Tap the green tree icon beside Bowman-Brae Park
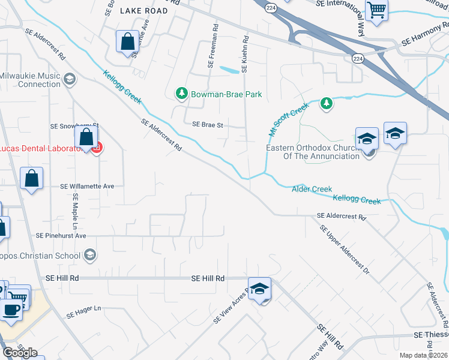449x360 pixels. tap(181, 94)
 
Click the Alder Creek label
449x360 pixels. tap(312, 190)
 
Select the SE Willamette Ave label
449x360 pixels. tap(87, 187)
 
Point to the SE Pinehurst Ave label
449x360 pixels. tap(61, 236)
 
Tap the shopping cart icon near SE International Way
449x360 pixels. tap(377, 9)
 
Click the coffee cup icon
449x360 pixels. tap(10, 310)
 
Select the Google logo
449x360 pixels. tap(20, 353)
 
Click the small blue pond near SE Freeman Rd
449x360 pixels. tap(228, 70)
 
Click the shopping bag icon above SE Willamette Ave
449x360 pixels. tap(31, 178)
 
